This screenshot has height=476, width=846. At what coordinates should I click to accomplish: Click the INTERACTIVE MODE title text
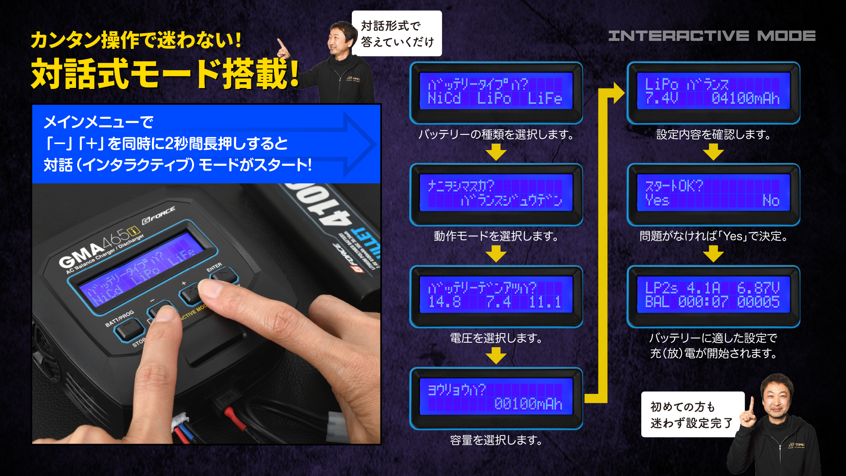(x=712, y=36)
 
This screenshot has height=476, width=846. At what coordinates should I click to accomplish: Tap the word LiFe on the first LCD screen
(x=545, y=99)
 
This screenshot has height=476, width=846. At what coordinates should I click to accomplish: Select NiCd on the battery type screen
(x=444, y=99)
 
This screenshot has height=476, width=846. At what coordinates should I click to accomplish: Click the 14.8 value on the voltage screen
(x=444, y=302)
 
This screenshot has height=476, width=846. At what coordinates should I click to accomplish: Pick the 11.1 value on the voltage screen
(x=545, y=302)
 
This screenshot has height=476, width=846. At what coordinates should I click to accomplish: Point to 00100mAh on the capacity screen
(x=528, y=404)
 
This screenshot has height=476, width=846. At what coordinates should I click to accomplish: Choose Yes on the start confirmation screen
(x=657, y=200)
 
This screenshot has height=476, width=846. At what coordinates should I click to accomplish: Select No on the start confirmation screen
(x=771, y=200)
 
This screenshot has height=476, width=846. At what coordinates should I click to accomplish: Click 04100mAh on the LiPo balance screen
(x=745, y=99)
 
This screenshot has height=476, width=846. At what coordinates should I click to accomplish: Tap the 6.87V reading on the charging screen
(x=758, y=288)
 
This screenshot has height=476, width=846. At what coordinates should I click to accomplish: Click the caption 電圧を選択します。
(x=496, y=338)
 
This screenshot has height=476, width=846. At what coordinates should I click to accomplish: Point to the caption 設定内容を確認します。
(x=713, y=134)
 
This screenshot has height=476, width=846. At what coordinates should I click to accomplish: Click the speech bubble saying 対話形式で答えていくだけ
(x=397, y=34)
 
